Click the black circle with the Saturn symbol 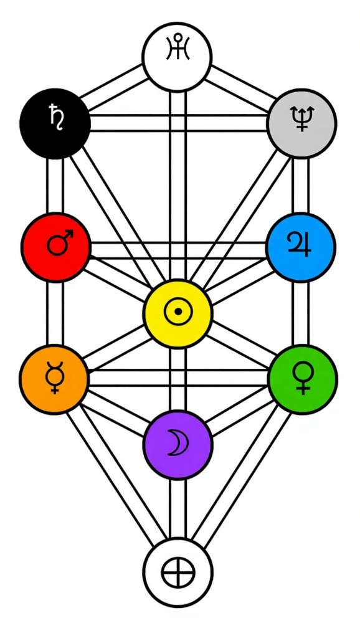(55, 123)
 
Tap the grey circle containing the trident (301, 123)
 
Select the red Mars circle (55, 247)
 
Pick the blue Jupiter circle (301, 247)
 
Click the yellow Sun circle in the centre (178, 313)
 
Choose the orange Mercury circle (54, 379)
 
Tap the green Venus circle (303, 379)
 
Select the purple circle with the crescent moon (178, 445)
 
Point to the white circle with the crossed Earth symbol (178, 573)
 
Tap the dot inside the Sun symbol (178, 311)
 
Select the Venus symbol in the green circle (303, 379)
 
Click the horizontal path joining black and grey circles (178, 123)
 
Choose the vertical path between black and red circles (55, 186)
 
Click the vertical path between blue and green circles (301, 313)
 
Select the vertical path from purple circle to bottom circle (178, 508)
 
